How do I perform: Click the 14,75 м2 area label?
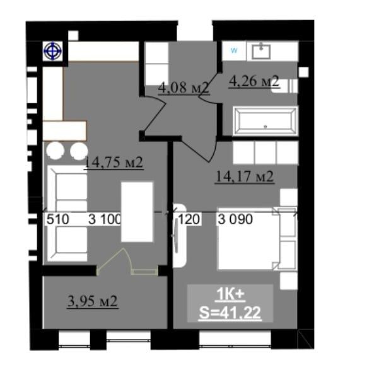114,163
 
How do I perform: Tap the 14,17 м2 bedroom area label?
245,176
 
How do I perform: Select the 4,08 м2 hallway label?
184,88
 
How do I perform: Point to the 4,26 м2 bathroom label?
254,81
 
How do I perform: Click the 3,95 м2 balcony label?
93,301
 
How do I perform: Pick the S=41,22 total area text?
230,313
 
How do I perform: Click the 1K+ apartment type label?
231,294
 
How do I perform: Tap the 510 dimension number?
58,219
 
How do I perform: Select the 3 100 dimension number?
105,219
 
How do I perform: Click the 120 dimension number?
189,219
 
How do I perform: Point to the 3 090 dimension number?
235,219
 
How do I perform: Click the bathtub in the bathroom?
265,120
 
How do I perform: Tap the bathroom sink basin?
261,52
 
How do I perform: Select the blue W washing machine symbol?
234,50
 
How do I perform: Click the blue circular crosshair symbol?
53,51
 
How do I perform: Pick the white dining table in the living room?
137,212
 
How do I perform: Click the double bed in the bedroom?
250,238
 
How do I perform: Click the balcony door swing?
114,261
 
